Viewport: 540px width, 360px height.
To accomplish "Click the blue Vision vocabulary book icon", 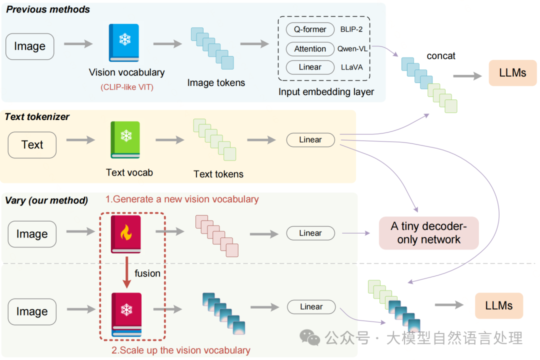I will (x=123, y=43).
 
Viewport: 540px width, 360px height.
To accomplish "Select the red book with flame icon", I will (x=126, y=233).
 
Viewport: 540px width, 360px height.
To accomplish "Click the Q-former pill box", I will (x=309, y=29).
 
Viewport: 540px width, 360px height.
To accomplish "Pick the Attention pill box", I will (x=309, y=49).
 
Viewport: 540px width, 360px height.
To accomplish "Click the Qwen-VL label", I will (x=352, y=49).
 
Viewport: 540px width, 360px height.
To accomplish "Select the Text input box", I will (x=32, y=145).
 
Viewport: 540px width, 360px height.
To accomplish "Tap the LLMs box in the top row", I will (x=512, y=72).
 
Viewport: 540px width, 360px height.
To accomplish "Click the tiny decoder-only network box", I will (x=428, y=233).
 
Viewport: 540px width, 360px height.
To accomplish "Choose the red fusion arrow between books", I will (x=126, y=272).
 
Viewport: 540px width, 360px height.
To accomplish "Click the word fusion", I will (x=147, y=273).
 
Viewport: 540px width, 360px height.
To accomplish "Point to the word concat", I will (x=440, y=56).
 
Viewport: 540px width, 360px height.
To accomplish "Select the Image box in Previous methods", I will (x=29, y=46).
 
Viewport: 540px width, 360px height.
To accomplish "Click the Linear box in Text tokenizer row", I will (x=310, y=140).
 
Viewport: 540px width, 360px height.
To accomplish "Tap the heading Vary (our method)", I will (x=46, y=200).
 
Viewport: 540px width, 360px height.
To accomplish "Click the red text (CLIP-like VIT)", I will (x=126, y=87).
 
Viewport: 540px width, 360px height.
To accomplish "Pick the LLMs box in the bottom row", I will (x=498, y=305).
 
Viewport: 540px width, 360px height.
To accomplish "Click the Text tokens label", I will (x=218, y=174).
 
